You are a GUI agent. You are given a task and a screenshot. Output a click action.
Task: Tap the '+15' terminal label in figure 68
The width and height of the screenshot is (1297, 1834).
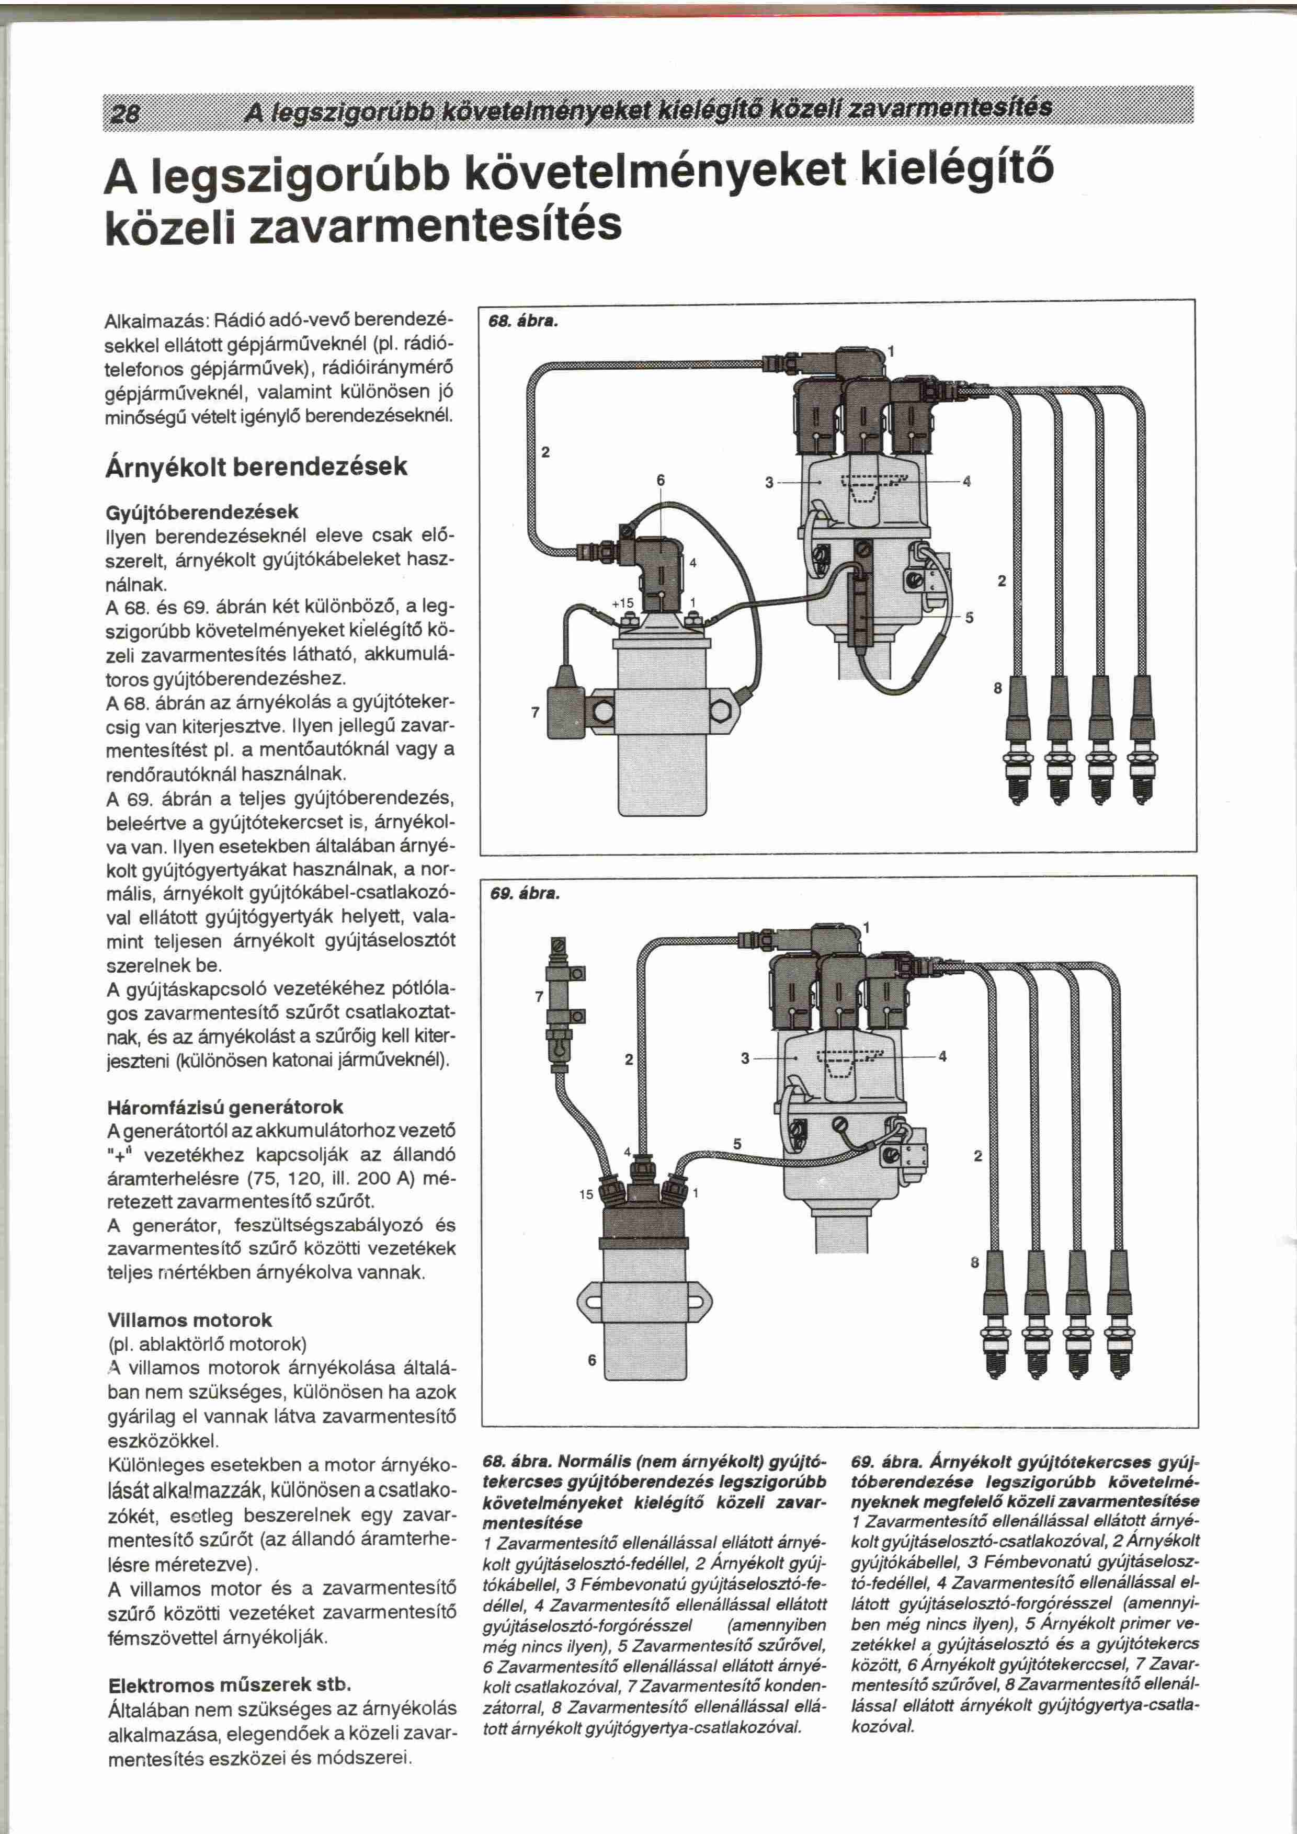622,603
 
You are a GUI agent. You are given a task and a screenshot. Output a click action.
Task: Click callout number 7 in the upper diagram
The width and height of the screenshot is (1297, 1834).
535,712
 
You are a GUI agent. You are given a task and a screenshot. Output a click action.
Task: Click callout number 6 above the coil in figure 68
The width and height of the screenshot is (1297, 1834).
661,480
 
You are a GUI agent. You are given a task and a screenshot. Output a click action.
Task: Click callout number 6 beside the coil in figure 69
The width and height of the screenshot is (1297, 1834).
592,1360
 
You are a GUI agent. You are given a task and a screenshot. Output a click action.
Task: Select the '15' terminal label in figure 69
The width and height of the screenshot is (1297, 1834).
586,1195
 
